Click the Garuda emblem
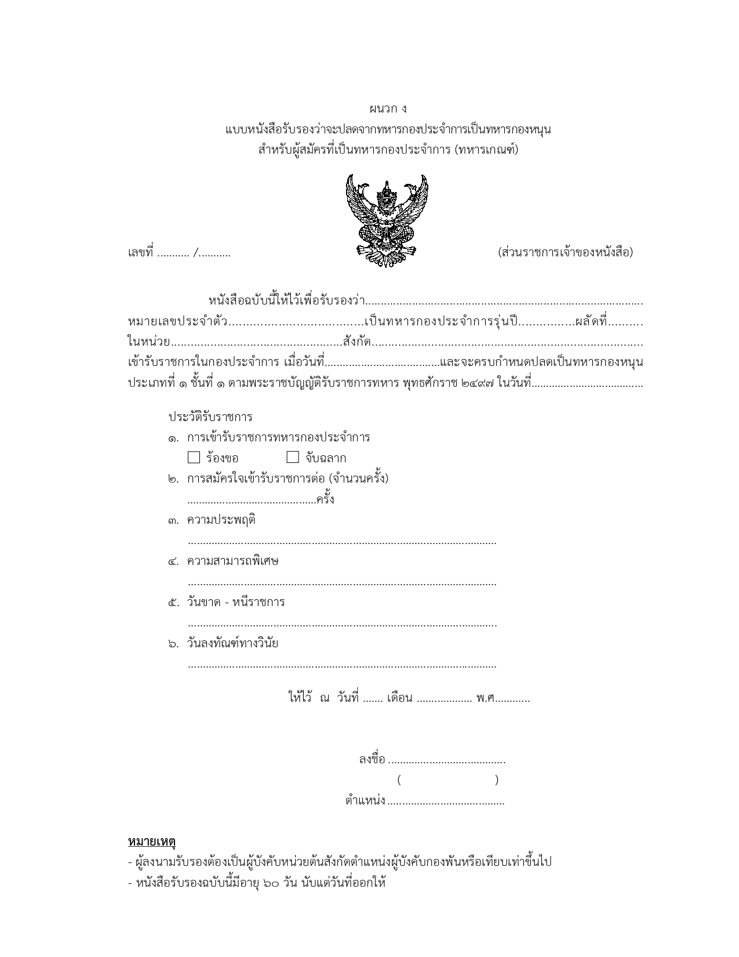387,221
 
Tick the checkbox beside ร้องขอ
194,458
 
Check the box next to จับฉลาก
293,458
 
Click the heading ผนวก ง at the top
388,108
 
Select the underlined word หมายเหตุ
152,841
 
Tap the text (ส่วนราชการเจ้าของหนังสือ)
565,252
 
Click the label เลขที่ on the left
140,253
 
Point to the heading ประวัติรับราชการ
210,417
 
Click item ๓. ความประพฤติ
221,520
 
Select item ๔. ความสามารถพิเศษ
232,561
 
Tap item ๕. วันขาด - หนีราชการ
235,602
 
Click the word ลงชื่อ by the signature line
372,759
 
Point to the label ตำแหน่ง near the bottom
365,801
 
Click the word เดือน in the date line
399,698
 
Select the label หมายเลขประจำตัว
177,321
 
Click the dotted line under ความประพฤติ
342,542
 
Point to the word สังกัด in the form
356,342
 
